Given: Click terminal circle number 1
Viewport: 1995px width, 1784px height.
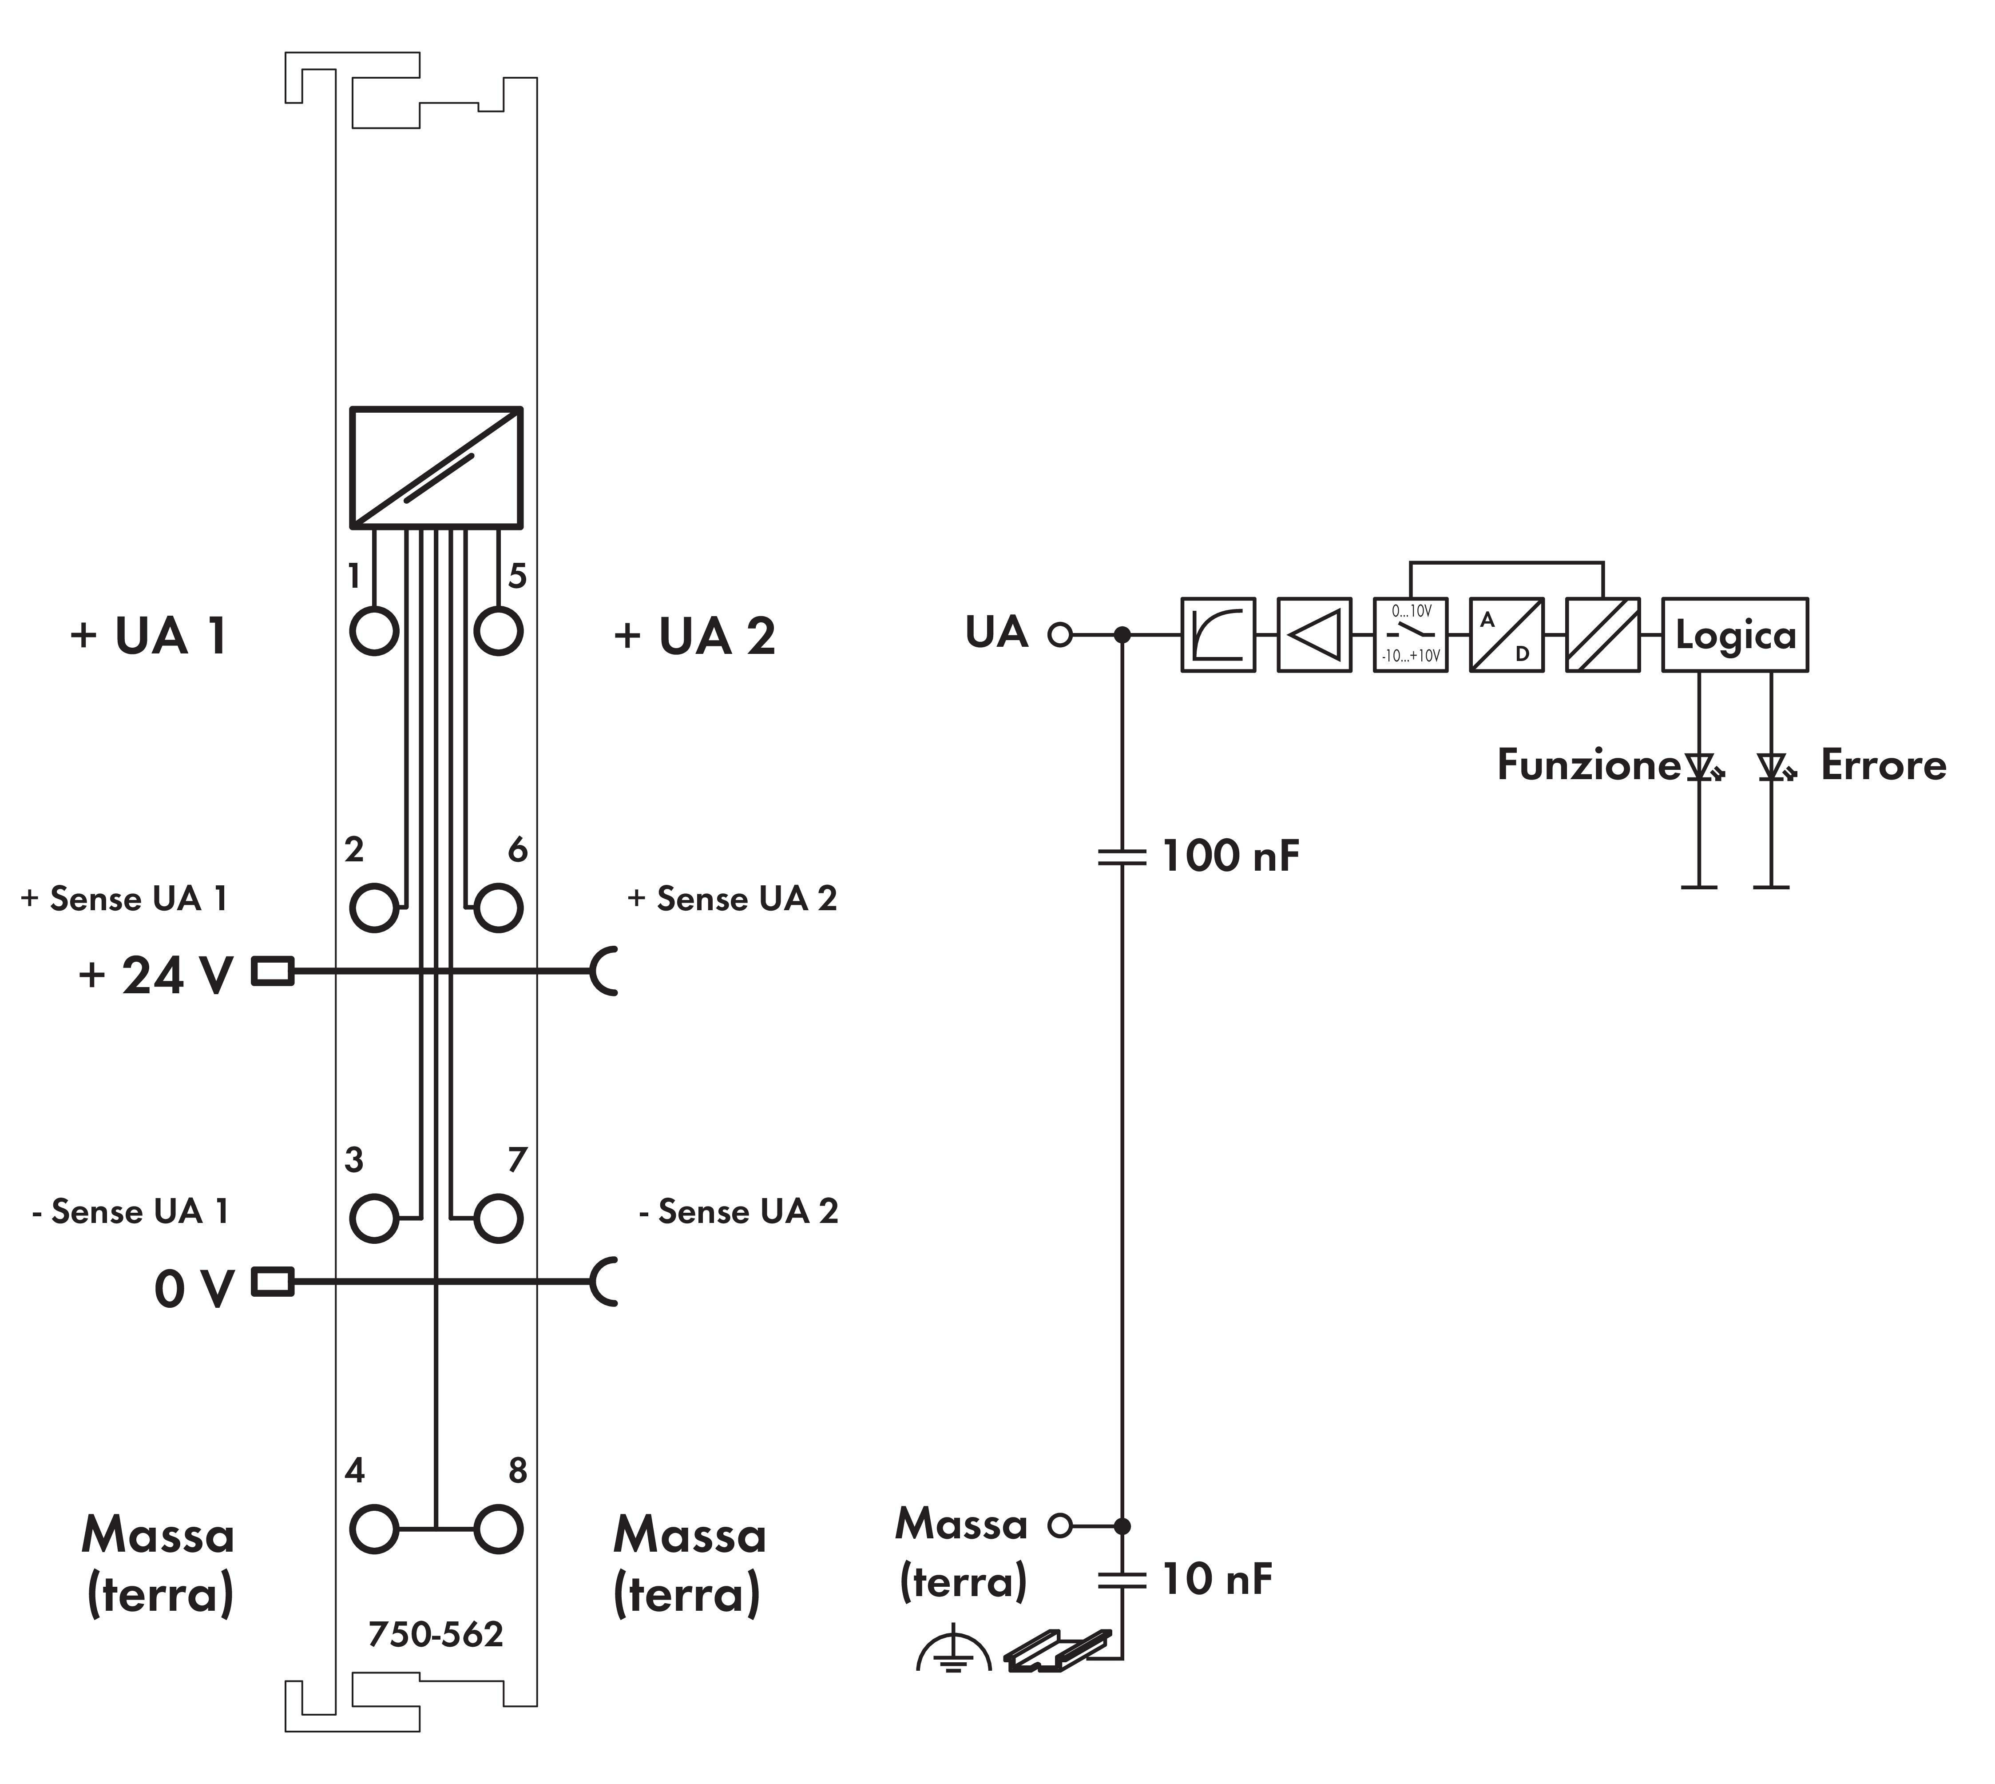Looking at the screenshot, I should click(x=373, y=630).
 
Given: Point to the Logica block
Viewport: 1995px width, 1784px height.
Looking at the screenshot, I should click(x=1734, y=635).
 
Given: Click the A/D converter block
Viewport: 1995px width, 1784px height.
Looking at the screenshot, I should click(x=1506, y=635).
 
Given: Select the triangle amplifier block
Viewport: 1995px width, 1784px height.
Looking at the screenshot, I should click(x=1314, y=635).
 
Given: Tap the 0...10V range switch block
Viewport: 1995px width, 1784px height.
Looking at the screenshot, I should click(x=1410, y=635).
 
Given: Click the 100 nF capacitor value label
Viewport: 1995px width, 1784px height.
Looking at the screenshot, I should click(x=1230, y=856).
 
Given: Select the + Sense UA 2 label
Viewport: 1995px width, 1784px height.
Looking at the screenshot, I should click(x=732, y=899).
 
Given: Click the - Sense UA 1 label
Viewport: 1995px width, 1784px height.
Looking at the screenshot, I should click(x=131, y=1211).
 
